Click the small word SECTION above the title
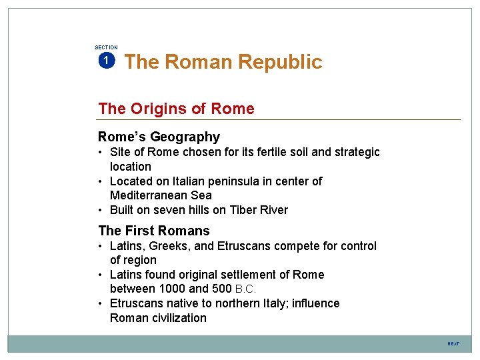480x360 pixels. tap(106, 47)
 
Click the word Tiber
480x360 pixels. tap(245, 210)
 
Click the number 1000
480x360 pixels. tap(170, 289)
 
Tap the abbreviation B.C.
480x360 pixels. tap(246, 289)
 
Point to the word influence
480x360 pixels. tap(313, 303)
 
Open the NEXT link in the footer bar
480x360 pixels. tap(453, 344)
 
